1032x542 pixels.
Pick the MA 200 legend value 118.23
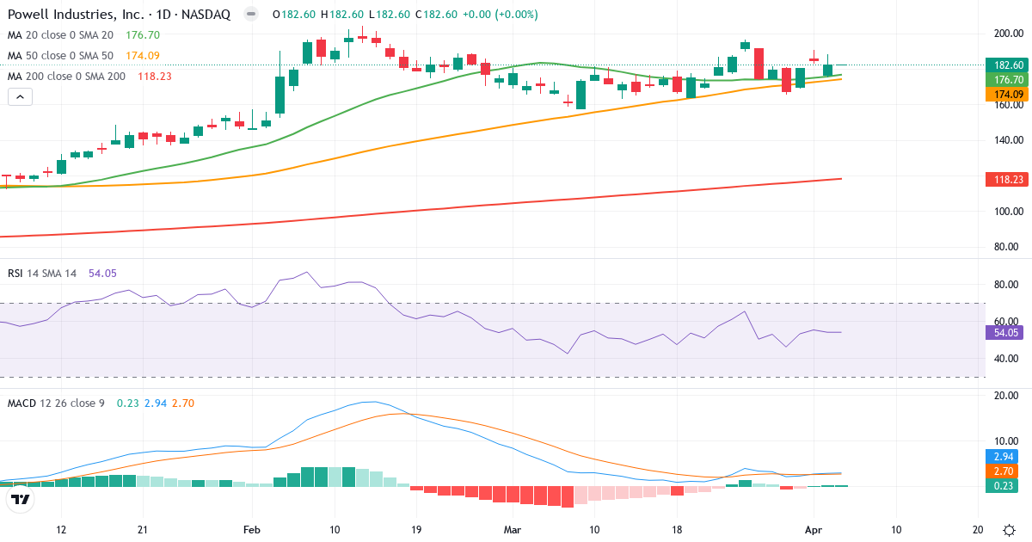tap(153, 77)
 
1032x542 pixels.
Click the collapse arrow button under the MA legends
tap(20, 97)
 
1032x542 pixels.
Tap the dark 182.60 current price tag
tap(1008, 65)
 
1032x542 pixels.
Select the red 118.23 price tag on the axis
tap(1008, 179)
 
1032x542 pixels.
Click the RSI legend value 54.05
tap(102, 273)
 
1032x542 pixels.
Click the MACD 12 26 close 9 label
tap(56, 403)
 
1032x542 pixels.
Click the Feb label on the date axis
tap(251, 530)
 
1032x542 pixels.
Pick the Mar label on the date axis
tap(513, 530)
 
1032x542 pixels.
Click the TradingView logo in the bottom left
tap(21, 499)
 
